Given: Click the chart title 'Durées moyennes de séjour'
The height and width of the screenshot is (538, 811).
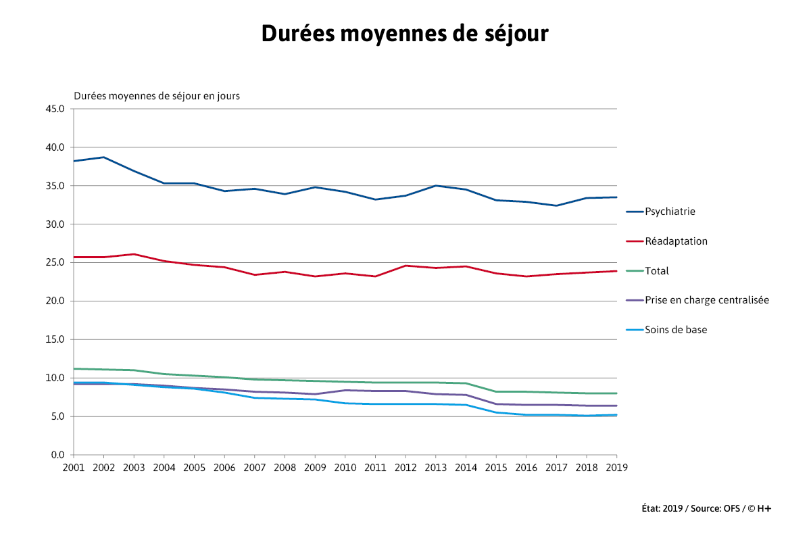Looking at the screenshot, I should pyautogui.click(x=404, y=34).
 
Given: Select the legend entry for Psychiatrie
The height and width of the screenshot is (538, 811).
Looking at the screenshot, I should pyautogui.click(x=670, y=212).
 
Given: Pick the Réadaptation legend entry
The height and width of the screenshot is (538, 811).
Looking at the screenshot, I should pyautogui.click(x=676, y=241).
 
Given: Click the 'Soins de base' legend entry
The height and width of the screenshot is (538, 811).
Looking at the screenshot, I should pyautogui.click(x=676, y=330).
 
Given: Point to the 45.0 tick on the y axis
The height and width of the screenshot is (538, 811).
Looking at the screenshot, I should pyautogui.click(x=54, y=109).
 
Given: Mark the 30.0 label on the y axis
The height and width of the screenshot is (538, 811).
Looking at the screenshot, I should pyautogui.click(x=54, y=224).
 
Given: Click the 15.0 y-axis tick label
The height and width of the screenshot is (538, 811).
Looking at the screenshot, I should pyautogui.click(x=54, y=339).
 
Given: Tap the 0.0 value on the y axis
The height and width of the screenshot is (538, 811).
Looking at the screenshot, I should pyautogui.click(x=57, y=455).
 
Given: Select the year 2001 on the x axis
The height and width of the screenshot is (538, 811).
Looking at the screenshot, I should pyautogui.click(x=74, y=467).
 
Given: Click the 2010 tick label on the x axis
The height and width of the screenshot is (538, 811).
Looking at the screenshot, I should pyautogui.click(x=345, y=467).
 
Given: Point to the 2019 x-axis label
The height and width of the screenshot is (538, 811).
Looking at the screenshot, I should pyautogui.click(x=616, y=467).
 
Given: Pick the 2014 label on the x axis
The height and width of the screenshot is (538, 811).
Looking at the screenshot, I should pyautogui.click(x=466, y=467).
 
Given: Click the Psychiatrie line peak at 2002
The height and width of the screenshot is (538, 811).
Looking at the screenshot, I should pyautogui.click(x=103, y=157).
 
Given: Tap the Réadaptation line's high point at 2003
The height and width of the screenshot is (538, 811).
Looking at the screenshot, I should pyautogui.click(x=134, y=254).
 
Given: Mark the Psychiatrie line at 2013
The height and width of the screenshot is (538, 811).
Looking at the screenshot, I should pyautogui.click(x=435, y=185).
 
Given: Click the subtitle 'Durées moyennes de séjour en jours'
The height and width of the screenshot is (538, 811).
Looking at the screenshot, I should pyautogui.click(x=157, y=96).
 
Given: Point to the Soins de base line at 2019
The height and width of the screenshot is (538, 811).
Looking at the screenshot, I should pyautogui.click(x=616, y=415).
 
